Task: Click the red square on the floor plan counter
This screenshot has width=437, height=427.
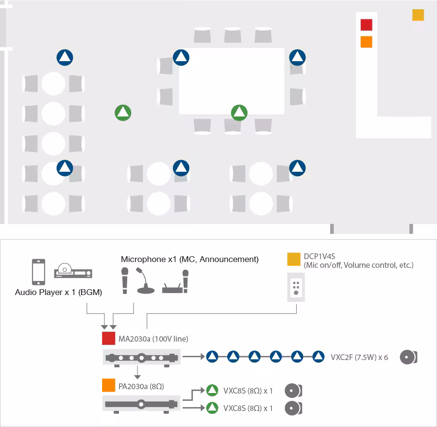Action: pyautogui.click(x=366, y=25)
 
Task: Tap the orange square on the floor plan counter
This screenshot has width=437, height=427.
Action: pyautogui.click(x=366, y=42)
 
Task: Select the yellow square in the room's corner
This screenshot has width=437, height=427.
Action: pyautogui.click(x=418, y=15)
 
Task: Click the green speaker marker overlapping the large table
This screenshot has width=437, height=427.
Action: pyautogui.click(x=239, y=113)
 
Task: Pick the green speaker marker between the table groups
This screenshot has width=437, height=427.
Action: pyautogui.click(x=123, y=113)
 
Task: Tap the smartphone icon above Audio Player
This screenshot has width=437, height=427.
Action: pyautogui.click(x=38, y=272)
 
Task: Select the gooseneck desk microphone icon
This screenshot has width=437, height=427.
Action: pyautogui.click(x=145, y=281)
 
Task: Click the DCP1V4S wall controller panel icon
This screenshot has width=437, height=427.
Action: pyautogui.click(x=296, y=287)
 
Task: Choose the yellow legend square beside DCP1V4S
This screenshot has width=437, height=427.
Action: pyautogui.click(x=294, y=259)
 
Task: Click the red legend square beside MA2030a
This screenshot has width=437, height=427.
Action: pyautogui.click(x=108, y=338)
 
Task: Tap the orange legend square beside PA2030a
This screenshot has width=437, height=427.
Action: pyautogui.click(x=108, y=385)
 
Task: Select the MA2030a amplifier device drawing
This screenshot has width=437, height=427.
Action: pyautogui.click(x=142, y=358)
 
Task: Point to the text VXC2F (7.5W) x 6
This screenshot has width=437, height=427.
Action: pyautogui.click(x=359, y=357)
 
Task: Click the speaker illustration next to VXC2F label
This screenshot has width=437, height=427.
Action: pyautogui.click(x=408, y=357)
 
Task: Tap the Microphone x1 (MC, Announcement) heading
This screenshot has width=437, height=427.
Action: pyautogui.click(x=189, y=259)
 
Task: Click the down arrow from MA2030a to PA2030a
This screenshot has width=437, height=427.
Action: pyautogui.click(x=137, y=373)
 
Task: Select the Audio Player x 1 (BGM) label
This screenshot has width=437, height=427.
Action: pyautogui.click(x=59, y=292)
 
